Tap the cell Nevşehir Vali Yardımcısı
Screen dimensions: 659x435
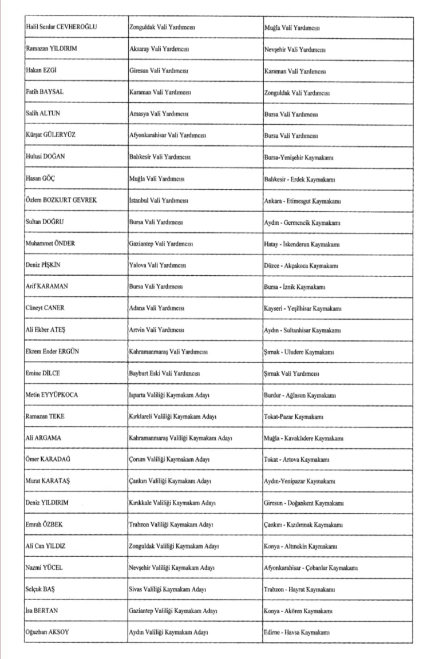click(x=295, y=49)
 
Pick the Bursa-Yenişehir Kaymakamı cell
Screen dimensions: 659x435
click(x=302, y=157)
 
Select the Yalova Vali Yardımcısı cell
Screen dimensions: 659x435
click(x=157, y=265)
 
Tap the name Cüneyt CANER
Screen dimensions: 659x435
click(x=45, y=308)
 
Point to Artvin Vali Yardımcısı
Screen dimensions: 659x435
click(x=156, y=330)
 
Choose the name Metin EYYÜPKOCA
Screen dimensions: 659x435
click(x=52, y=395)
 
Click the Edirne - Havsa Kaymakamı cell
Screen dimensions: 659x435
click(x=297, y=632)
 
